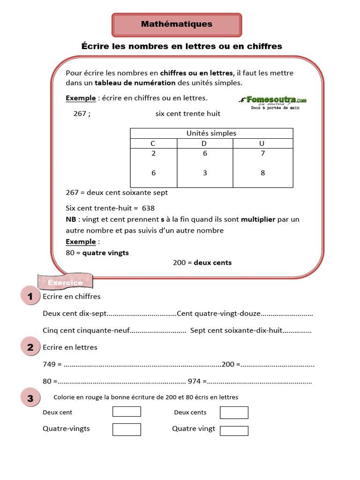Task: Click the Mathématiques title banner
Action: tap(177, 24)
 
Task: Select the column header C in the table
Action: tap(153, 143)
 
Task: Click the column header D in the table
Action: tap(204, 143)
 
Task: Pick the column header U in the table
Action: tap(262, 143)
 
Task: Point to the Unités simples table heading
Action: tap(211, 133)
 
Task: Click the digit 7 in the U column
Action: tap(262, 154)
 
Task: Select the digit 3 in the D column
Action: tap(205, 173)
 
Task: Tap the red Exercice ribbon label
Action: tap(66, 282)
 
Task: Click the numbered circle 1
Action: tap(30, 296)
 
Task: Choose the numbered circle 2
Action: tap(30, 347)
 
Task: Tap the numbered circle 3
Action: tap(30, 398)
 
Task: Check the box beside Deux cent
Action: tap(127, 412)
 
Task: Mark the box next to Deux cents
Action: tap(234, 412)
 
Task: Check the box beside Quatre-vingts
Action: tap(127, 429)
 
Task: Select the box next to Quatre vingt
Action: tap(234, 431)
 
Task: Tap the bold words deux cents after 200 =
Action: tap(213, 262)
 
